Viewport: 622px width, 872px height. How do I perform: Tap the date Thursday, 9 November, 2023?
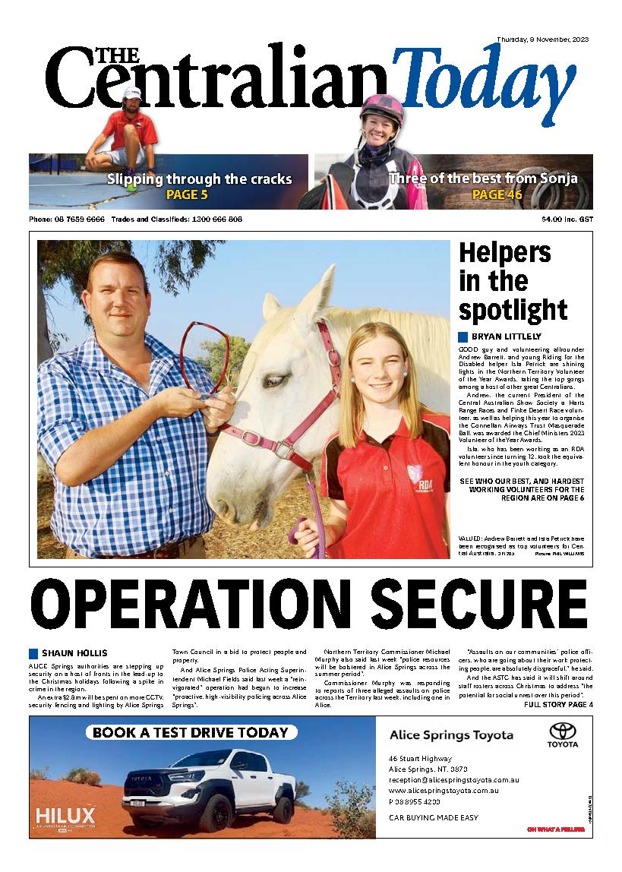point(542,39)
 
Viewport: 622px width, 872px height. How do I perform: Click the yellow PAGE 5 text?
point(187,195)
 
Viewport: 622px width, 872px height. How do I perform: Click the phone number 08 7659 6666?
point(77,220)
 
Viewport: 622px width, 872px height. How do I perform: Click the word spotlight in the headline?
point(513,310)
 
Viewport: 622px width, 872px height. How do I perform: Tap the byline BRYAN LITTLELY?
point(507,336)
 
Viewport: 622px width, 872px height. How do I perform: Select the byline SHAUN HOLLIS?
point(74,653)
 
